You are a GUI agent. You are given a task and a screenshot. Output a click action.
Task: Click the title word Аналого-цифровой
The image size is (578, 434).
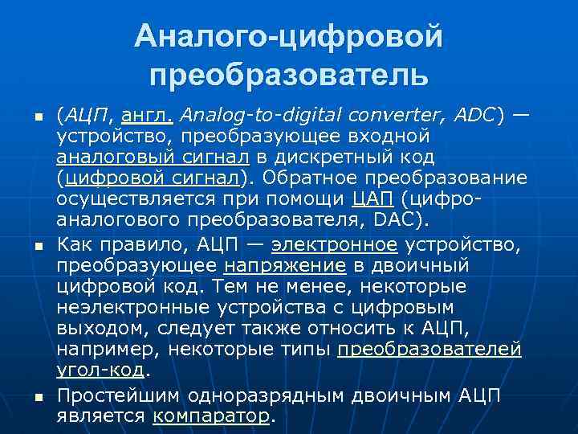[x=289, y=36]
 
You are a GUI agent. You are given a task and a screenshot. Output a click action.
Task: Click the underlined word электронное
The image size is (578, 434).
[x=334, y=245]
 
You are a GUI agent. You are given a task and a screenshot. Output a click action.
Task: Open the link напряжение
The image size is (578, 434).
[x=285, y=265]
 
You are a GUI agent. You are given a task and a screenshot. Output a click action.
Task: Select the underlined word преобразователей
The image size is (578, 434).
[x=430, y=349]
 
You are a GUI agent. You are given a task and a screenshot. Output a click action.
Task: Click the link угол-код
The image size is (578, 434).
[x=100, y=369]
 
